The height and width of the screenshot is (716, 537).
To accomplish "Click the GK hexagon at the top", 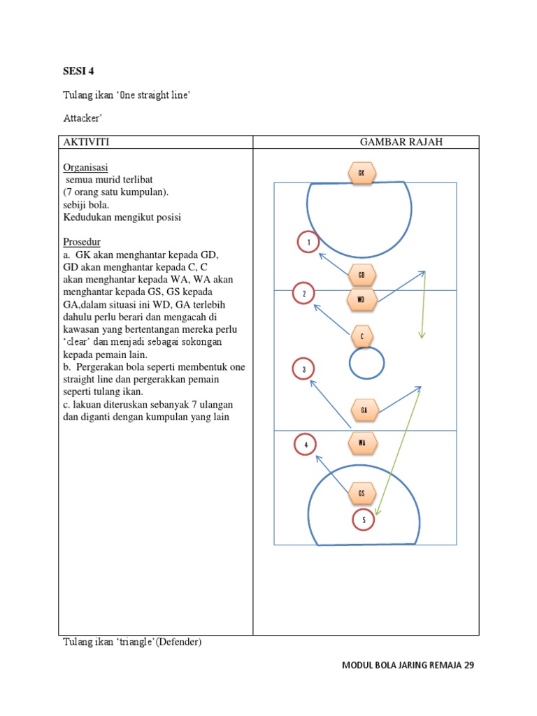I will point(361,173).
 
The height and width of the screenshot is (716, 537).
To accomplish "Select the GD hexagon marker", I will point(361,275).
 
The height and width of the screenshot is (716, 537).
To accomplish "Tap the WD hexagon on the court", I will point(361,300).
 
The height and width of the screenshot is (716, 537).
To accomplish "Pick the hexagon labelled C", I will point(361,337).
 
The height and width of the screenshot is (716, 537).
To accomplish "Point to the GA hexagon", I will point(364,410).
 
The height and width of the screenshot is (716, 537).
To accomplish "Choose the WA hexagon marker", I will point(362,443).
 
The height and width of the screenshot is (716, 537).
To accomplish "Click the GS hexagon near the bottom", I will point(361,492).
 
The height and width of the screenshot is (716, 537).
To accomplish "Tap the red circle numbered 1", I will point(308,243).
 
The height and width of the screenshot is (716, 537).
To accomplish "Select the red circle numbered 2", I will point(304,294).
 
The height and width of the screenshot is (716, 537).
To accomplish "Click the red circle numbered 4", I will point(306,444).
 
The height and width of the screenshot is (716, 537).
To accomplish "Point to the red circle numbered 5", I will point(364,520).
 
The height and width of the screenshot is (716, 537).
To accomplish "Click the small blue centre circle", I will point(366,364).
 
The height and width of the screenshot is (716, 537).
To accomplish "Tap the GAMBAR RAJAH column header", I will point(401,143).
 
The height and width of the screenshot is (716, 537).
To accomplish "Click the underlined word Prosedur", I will point(82,242).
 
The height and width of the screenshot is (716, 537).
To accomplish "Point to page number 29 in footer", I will point(468,665).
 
